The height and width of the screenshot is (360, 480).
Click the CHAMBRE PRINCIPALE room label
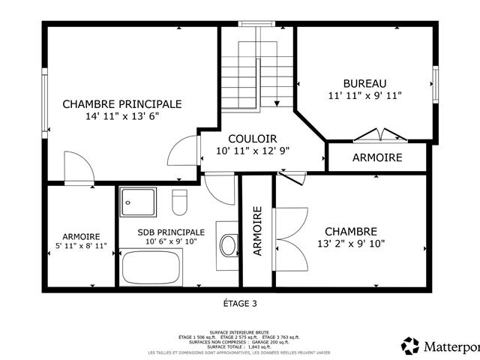121,103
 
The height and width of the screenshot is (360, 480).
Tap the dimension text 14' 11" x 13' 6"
121,116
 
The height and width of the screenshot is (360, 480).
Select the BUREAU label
364,82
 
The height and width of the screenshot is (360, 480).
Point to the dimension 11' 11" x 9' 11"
364,95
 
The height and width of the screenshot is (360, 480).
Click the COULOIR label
252,138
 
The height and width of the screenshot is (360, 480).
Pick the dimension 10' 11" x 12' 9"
252,151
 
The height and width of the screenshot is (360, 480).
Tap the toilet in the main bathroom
179,201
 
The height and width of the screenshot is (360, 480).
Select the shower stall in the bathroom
137,201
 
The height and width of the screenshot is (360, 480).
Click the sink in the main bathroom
227,244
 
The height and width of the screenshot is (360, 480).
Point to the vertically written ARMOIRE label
257,232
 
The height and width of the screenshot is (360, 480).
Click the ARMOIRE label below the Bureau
377,157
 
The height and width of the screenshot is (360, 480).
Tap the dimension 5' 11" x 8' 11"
81,246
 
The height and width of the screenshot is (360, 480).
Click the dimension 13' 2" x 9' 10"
350,243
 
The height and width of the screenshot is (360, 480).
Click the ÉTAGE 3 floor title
240,304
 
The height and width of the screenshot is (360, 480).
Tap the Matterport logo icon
410,346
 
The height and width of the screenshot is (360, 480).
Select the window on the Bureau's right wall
434,82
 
